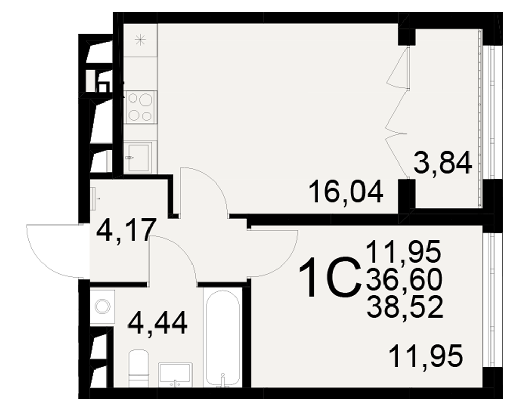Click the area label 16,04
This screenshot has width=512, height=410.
(x=346, y=193)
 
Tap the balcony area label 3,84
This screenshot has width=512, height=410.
(x=442, y=163)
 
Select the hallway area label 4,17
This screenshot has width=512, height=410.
(x=125, y=231)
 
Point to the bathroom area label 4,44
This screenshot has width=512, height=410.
(x=158, y=323)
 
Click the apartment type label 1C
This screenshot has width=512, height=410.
(x=330, y=277)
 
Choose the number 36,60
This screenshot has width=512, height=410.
(x=404, y=280)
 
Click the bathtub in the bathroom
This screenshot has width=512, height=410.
(x=223, y=337)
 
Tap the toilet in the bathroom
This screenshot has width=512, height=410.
(x=138, y=368)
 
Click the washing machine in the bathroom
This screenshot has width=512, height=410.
(x=102, y=306)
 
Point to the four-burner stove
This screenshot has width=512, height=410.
(x=140, y=107)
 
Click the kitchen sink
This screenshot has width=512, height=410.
(x=138, y=157)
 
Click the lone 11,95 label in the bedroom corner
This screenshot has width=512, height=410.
(x=426, y=356)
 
